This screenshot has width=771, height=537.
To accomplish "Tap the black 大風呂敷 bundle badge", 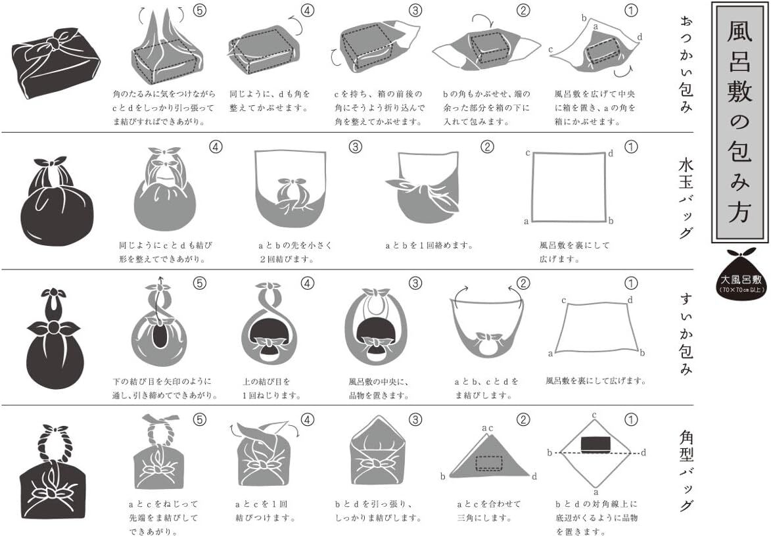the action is (741, 274).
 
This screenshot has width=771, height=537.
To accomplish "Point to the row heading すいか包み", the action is (686, 334).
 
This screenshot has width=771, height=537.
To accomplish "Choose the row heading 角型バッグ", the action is (686, 471).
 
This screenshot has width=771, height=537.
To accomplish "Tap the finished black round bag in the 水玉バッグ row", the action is (57, 202).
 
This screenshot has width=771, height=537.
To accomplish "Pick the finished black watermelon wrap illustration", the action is (54, 339).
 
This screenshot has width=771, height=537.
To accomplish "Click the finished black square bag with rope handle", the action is (53, 473).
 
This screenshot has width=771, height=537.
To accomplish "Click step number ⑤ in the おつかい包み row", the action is (199, 11).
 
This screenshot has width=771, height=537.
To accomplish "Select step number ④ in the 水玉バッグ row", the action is (216, 147).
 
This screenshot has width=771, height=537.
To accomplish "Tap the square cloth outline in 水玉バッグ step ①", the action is (569, 187).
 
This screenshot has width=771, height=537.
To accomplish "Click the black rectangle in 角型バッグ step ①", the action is (596, 444).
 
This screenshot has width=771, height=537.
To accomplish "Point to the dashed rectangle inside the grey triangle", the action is (489, 463).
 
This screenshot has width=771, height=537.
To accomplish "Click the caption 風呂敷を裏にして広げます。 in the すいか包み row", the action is (596, 381).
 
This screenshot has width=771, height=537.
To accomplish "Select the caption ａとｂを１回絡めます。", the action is (429, 245).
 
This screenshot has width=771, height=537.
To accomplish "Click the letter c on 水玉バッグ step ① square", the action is (528, 153).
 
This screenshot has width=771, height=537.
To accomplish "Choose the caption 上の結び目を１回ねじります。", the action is (271, 388).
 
